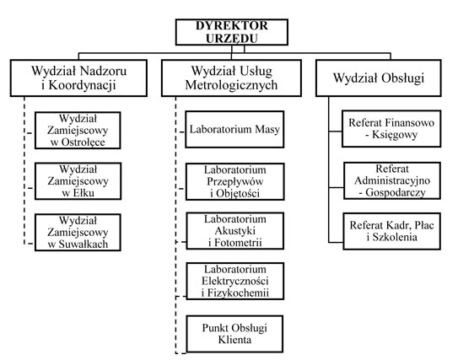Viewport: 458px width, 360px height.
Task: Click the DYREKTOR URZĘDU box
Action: [x=232, y=32]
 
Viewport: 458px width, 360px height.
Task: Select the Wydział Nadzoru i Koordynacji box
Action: [x=78, y=78]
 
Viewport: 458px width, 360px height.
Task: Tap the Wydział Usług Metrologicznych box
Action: [x=231, y=78]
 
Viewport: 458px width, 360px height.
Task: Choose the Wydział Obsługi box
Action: [x=379, y=78]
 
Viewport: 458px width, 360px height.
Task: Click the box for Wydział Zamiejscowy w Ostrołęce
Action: [x=78, y=130]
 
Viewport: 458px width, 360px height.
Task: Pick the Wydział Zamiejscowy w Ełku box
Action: [x=78, y=181]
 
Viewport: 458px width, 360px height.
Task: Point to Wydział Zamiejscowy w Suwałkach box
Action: [x=78, y=232]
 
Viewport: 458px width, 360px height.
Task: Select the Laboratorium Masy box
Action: [x=234, y=129]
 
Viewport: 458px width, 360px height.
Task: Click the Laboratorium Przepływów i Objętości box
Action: [x=234, y=181]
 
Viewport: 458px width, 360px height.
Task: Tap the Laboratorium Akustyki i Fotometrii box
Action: [x=234, y=231]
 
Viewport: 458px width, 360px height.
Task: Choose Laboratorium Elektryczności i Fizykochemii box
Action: [x=234, y=281]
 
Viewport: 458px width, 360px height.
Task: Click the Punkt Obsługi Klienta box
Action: [x=234, y=334]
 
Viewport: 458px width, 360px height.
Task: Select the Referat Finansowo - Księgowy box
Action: [x=391, y=128]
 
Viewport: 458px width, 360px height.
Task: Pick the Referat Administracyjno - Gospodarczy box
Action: [x=392, y=180]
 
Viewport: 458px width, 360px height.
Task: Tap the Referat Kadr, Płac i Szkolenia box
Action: [x=391, y=231]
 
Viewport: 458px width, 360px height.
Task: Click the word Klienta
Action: [x=234, y=340]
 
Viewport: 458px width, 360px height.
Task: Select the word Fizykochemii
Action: [x=238, y=293]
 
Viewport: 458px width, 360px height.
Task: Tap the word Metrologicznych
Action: [x=231, y=85]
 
